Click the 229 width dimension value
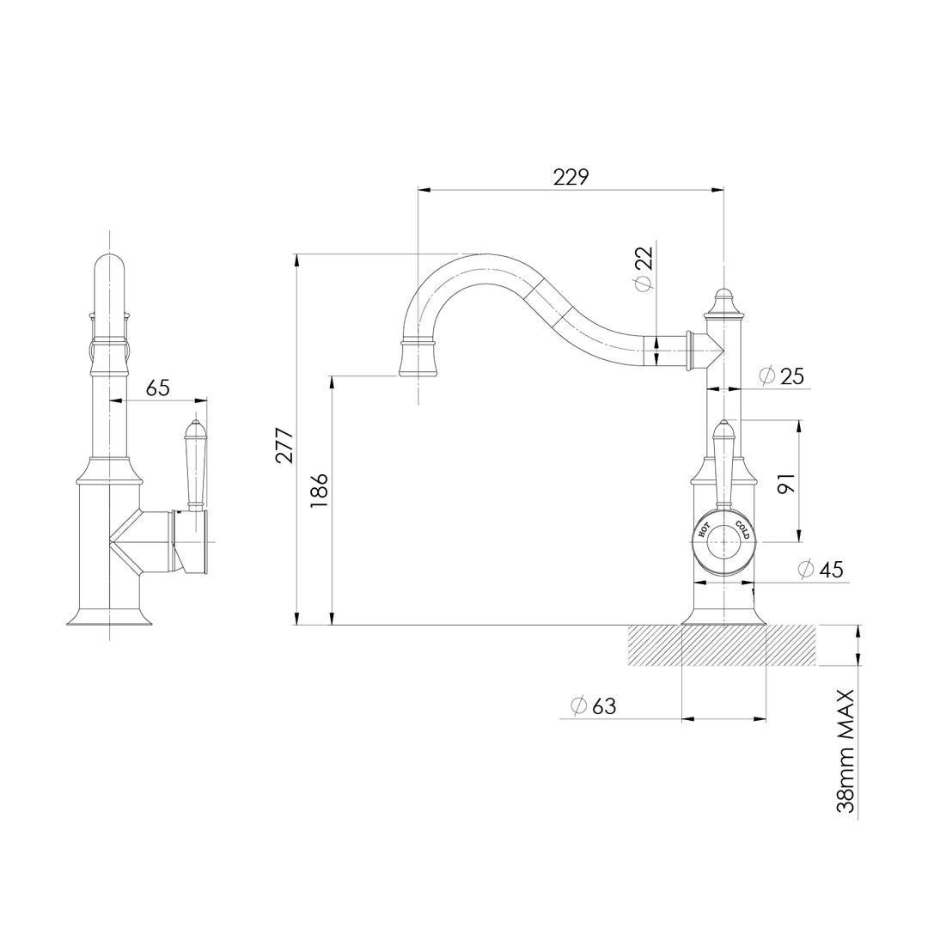pyautogui.click(x=571, y=177)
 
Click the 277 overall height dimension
pyautogui.click(x=284, y=445)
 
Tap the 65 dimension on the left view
pyautogui.click(x=157, y=388)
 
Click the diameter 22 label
pyautogui.click(x=644, y=269)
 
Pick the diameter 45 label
pyautogui.click(x=821, y=569)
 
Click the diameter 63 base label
pyautogui.click(x=594, y=705)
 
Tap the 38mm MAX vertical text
pyautogui.click(x=847, y=749)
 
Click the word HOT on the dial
pyautogui.click(x=703, y=530)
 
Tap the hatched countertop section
pyautogui.click(x=722, y=645)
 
